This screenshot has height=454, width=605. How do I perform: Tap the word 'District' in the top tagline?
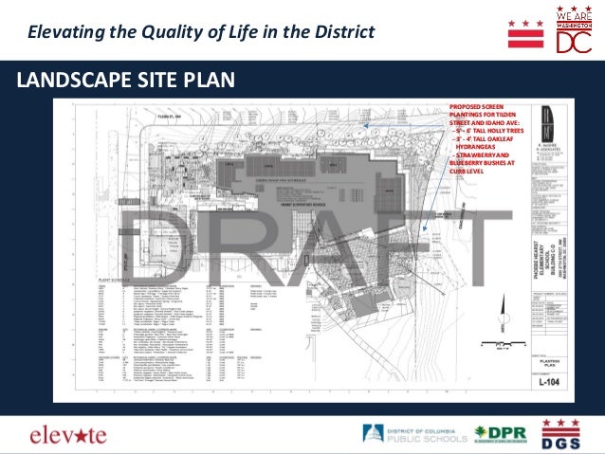(x=347, y=31)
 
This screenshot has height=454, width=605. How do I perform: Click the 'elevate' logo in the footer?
(x=68, y=435)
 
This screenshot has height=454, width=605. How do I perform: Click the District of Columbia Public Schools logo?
(x=414, y=434)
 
